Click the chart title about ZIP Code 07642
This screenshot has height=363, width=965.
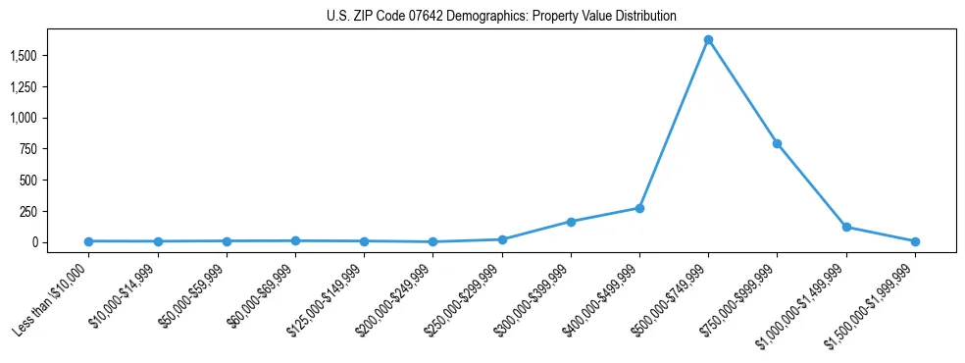[x=501, y=17]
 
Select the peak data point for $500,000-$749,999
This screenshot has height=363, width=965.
[x=708, y=40]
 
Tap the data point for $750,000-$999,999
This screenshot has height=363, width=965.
[x=777, y=143]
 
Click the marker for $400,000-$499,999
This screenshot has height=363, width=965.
[x=639, y=208]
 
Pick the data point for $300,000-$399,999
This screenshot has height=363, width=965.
[x=571, y=222]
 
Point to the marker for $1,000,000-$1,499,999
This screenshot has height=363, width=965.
[x=845, y=227]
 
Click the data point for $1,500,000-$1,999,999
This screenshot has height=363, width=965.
[x=914, y=241]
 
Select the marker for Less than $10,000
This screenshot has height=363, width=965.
[x=88, y=241]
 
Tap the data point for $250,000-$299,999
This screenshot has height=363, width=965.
[x=502, y=239]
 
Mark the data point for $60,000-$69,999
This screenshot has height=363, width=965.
[x=295, y=240]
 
